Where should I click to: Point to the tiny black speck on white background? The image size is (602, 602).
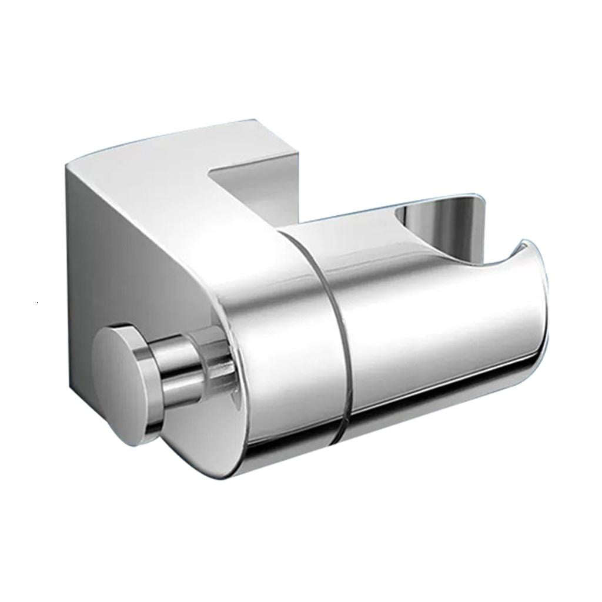[x=36, y=302]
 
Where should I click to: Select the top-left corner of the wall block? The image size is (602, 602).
[x=66, y=165]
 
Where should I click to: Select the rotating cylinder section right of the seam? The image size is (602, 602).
[x=423, y=329]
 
